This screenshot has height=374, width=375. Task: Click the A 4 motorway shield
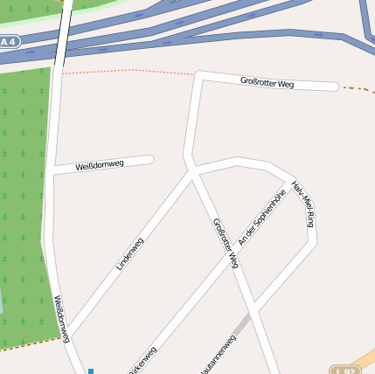click(x=8, y=42)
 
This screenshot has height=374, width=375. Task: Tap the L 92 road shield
click(x=346, y=370)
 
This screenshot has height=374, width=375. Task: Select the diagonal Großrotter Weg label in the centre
click(x=226, y=242)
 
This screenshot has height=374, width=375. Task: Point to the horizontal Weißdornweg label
click(x=100, y=164)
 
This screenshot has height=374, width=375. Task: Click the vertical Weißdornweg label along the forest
click(x=61, y=318)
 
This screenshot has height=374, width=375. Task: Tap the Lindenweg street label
click(x=129, y=253)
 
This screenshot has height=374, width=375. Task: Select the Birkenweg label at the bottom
click(x=142, y=361)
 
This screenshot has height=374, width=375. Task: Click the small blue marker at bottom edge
click(x=90, y=371)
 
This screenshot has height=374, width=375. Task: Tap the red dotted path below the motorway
click(x=131, y=71)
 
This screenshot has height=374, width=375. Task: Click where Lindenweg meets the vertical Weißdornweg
click(x=70, y=334)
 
